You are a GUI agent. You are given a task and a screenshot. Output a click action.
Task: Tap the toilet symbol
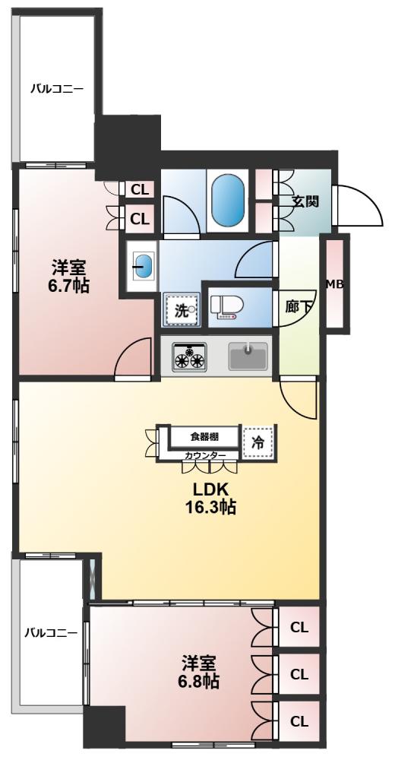[225, 306]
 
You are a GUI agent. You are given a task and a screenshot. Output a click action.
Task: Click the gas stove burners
[190, 356]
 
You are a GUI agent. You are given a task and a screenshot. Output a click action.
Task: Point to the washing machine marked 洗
[181, 309]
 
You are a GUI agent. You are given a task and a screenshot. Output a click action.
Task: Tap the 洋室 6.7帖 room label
[68, 276]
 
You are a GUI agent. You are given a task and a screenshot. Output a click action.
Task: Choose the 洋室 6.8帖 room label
[199, 671]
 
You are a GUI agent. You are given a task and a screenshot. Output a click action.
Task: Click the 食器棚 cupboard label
[204, 436]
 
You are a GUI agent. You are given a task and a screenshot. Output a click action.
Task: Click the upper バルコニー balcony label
[55, 89]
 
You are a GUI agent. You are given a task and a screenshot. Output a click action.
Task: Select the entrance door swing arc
[359, 205]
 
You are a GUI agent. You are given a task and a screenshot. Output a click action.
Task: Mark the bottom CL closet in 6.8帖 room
[299, 720]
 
